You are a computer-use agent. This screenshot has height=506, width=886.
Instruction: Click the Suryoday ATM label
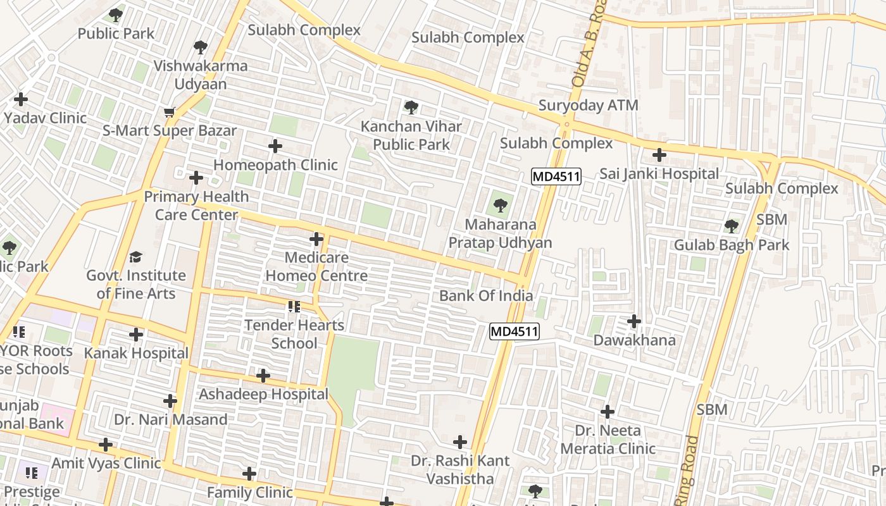(x=588, y=106)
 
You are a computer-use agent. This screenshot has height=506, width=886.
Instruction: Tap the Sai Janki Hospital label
(x=659, y=174)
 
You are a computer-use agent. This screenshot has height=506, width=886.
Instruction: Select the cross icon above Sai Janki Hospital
(x=659, y=154)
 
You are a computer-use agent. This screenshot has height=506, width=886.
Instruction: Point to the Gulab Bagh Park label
(x=731, y=245)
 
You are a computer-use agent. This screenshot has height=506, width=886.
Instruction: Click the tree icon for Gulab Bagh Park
(x=732, y=226)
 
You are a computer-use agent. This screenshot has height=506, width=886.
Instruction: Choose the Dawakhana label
(x=634, y=340)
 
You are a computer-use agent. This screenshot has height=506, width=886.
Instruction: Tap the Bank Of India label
(x=485, y=296)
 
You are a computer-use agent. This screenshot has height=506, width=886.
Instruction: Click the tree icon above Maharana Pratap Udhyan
(x=500, y=205)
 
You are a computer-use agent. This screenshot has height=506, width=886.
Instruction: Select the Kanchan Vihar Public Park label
(x=411, y=135)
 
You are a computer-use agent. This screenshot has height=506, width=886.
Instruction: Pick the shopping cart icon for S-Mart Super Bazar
(x=169, y=113)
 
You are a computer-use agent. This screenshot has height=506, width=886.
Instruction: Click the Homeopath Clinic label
(x=275, y=165)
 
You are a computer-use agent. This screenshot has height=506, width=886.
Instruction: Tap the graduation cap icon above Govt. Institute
(x=135, y=257)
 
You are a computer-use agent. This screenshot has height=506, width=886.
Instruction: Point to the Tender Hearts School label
(x=294, y=334)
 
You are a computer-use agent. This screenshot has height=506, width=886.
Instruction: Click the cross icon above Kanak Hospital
(x=136, y=334)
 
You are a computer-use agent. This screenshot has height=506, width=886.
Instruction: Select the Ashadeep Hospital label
(x=263, y=395)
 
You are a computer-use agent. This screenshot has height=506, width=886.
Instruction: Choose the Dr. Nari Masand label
(x=170, y=419)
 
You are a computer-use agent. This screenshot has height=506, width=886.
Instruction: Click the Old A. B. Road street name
(x=589, y=44)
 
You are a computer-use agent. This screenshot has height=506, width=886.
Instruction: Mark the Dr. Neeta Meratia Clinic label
(x=608, y=440)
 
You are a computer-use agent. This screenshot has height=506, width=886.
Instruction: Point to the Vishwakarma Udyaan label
(x=200, y=75)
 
